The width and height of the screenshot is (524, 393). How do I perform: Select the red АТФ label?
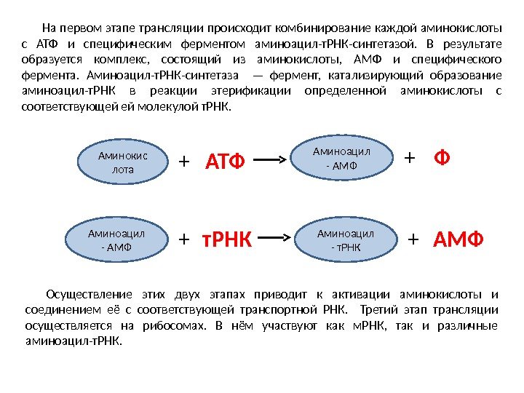[226, 160]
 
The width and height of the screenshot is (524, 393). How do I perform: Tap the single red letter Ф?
[441, 158]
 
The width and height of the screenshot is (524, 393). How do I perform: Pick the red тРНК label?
[226, 239]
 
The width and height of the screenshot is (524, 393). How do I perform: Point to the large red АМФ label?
[458, 239]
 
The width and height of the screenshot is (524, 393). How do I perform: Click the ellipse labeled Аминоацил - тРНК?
[346, 239]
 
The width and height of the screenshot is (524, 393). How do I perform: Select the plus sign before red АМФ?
[414, 239]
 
